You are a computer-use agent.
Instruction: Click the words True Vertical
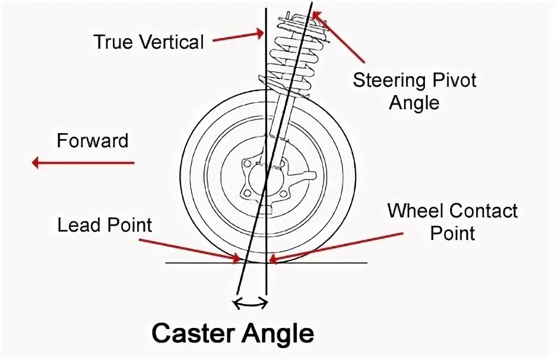[148, 42]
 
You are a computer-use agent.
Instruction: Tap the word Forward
[92, 141]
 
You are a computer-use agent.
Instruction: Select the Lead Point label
[104, 225]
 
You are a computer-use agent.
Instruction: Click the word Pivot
[454, 80]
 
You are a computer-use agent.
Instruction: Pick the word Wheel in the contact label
[416, 211]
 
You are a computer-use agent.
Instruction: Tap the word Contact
[484, 211]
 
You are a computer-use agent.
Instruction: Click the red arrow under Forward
[83, 162]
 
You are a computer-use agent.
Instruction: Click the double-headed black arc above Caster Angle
[250, 304]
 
